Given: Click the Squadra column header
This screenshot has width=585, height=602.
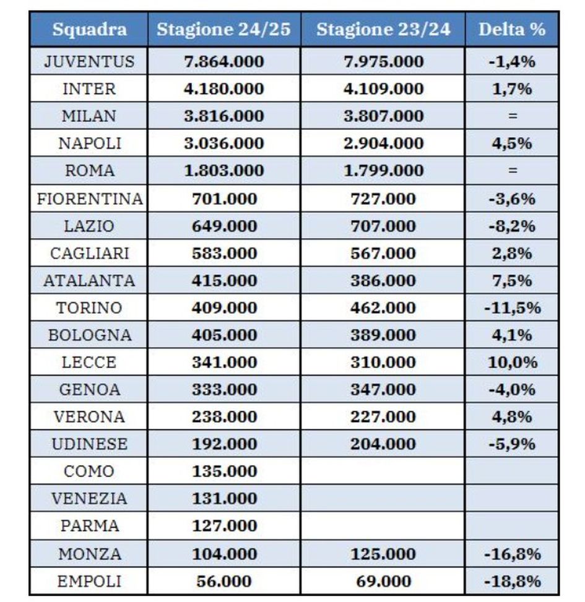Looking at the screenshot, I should click(x=89, y=30).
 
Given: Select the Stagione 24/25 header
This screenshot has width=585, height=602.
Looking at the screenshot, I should click(x=223, y=30).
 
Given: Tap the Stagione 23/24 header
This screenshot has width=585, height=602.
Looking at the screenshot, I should click(x=383, y=30).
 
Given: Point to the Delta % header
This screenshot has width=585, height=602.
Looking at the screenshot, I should click(x=511, y=30).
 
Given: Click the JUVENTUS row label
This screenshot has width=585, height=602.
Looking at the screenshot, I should click(x=89, y=62).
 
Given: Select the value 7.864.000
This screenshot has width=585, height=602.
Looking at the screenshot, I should click(x=223, y=62).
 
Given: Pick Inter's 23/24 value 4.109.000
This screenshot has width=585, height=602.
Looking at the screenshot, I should click(x=383, y=89).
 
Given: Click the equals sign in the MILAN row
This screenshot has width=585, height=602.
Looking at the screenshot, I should click(x=511, y=116).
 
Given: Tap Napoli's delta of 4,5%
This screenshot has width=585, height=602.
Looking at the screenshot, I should click(x=511, y=144).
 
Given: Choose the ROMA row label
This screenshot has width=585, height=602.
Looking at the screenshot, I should click(x=89, y=171).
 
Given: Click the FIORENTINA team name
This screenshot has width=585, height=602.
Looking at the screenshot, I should click(x=90, y=199).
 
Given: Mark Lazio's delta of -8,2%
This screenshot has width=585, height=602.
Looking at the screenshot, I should click(x=511, y=226).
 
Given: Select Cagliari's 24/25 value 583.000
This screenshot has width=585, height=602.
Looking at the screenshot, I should click(x=223, y=254).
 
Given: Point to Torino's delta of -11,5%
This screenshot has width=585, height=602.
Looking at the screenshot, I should click(x=511, y=308).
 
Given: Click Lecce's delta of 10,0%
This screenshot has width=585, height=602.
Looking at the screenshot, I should click(x=511, y=363).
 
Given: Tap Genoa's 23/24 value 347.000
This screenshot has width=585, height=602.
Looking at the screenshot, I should click(x=383, y=390).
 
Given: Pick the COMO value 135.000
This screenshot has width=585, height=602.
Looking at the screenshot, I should click(x=223, y=471).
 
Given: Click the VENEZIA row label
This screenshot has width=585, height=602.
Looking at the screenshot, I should click(x=89, y=499).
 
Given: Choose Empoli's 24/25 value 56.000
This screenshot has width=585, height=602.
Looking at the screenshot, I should click(x=223, y=582).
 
